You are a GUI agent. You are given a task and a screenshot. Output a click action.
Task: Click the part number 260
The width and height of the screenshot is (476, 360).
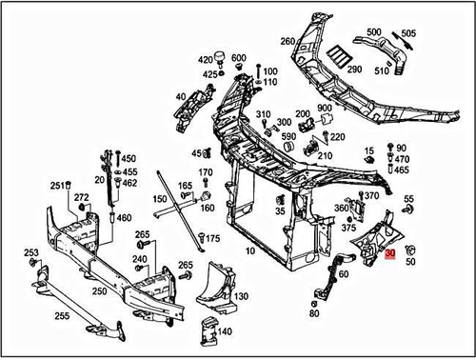[x=288, y=41]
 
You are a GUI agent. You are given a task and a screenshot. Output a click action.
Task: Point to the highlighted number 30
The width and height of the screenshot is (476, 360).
[x=391, y=254]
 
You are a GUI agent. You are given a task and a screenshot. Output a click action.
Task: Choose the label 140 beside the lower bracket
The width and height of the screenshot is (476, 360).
[x=225, y=331]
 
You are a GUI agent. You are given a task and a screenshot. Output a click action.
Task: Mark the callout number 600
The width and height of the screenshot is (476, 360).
[x=238, y=59]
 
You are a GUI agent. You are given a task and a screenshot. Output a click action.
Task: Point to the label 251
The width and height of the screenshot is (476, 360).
[x=58, y=185]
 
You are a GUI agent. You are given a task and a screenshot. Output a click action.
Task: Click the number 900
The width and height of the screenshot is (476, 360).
[x=325, y=110]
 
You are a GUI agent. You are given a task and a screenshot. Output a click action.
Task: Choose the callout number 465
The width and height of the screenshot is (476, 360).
[x=402, y=170]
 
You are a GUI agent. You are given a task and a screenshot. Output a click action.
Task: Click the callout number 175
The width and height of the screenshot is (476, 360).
[x=212, y=238]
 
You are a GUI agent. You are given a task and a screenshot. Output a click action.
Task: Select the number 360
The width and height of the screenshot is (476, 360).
[x=341, y=208]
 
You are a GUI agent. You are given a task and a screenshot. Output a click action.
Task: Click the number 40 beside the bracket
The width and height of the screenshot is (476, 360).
[x=181, y=96]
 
